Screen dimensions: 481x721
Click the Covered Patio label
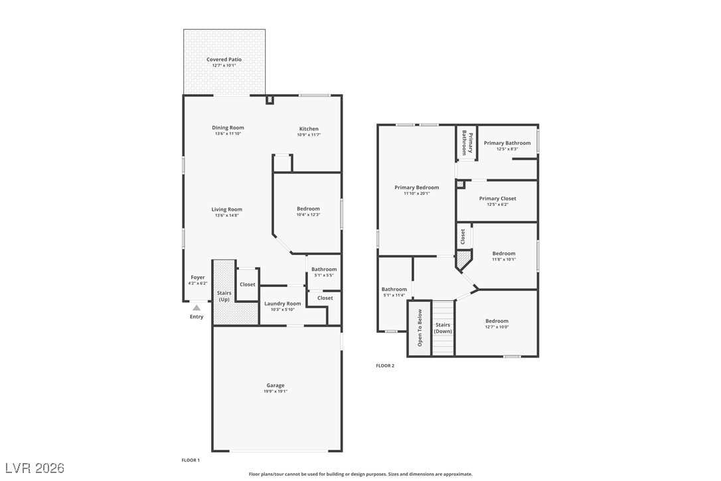pyautogui.click(x=224, y=60)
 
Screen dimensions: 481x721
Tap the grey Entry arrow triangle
pyautogui.click(x=197, y=308)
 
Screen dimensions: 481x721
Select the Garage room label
pyautogui.click(x=276, y=385)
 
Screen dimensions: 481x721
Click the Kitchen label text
pyautogui.click(x=309, y=129)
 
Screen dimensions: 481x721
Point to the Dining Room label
pyautogui.click(x=228, y=128)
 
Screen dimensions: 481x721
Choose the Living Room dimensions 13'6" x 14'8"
pyautogui.click(x=228, y=215)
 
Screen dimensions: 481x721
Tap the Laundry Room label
pyautogui.click(x=283, y=304)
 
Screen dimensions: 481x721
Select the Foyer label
pyautogui.click(x=198, y=277)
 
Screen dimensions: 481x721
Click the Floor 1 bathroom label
pyautogui.click(x=324, y=269)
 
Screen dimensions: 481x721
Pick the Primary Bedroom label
pyautogui.click(x=416, y=187)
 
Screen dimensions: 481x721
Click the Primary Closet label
pyautogui.click(x=498, y=199)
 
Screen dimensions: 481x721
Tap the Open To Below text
pyautogui.click(x=420, y=328)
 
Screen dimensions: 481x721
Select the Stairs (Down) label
pyautogui.click(x=443, y=328)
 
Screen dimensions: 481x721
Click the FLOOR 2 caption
pyautogui.click(x=385, y=365)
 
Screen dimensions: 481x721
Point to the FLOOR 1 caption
pyautogui.click(x=191, y=460)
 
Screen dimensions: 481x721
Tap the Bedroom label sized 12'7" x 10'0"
pyautogui.click(x=497, y=321)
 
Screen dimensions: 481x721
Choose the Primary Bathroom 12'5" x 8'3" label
pyautogui.click(x=507, y=143)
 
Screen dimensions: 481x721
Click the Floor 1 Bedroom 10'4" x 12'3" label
pyautogui.click(x=308, y=209)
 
